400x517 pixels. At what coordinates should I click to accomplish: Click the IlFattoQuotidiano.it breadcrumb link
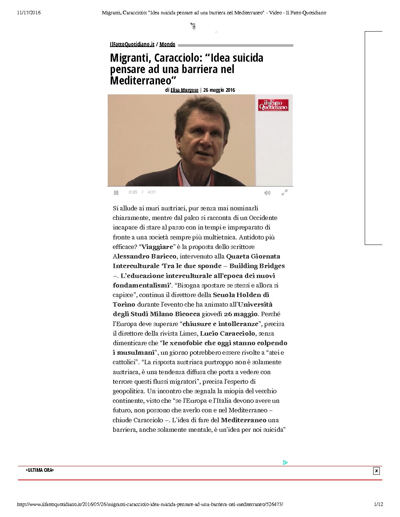click(x=132, y=44)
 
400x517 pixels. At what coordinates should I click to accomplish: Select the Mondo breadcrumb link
click(x=167, y=44)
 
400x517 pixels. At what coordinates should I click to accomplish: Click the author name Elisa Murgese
click(x=185, y=90)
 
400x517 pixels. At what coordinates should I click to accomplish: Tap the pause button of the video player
click(x=116, y=192)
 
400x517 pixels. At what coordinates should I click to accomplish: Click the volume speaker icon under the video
click(x=267, y=192)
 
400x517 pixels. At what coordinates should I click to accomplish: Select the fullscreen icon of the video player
click(x=284, y=192)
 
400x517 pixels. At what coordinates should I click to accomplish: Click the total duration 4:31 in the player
click(x=151, y=192)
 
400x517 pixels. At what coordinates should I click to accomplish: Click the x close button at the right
click(x=376, y=471)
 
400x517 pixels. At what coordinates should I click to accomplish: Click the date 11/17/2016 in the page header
click(x=29, y=13)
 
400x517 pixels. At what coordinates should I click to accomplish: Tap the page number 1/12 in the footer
click(x=378, y=505)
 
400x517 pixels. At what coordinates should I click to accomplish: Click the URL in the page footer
click(x=150, y=505)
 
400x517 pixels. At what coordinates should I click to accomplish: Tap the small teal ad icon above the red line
click(x=285, y=463)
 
